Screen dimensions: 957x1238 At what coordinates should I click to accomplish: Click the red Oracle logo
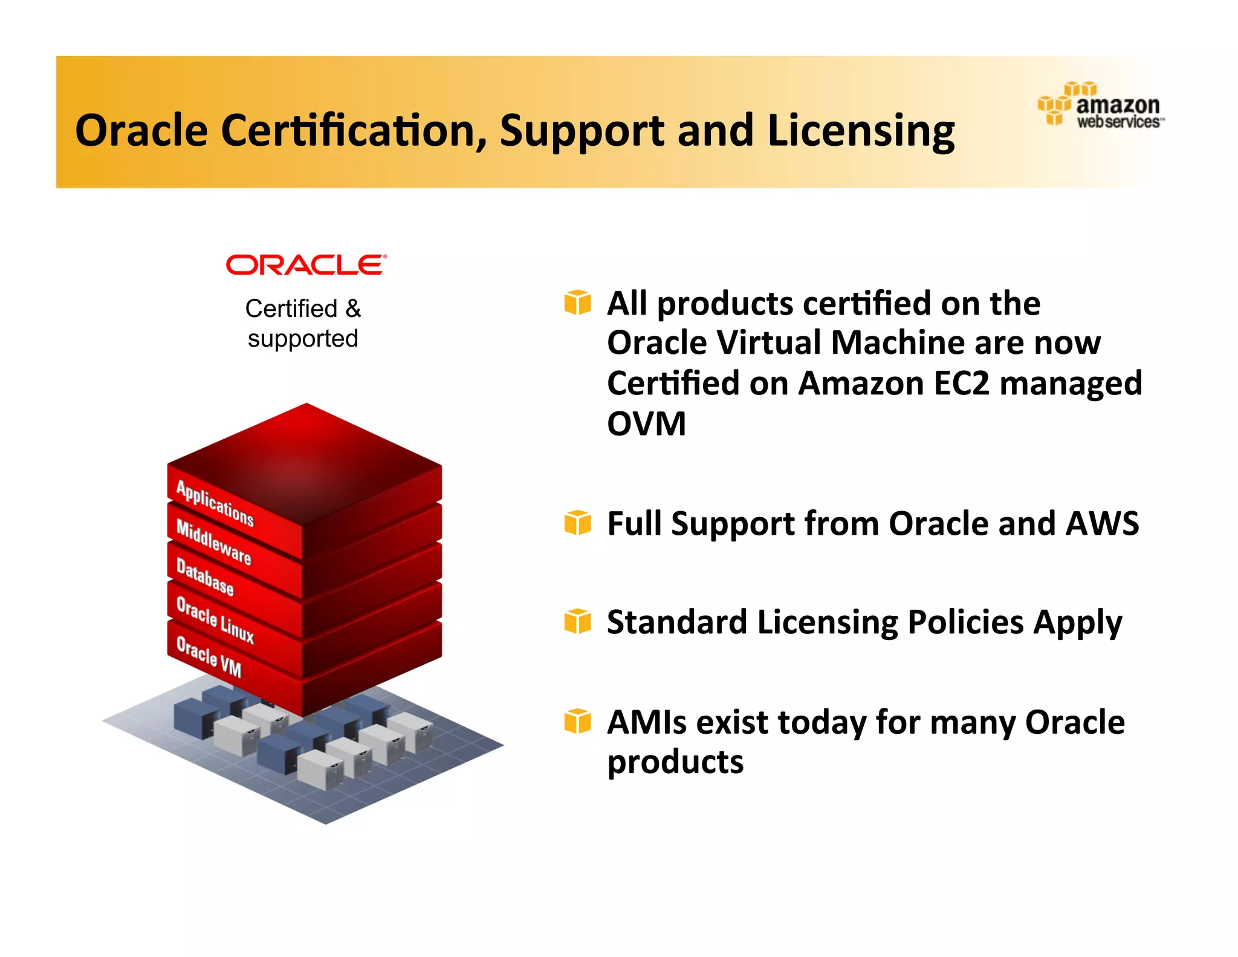pos(306,265)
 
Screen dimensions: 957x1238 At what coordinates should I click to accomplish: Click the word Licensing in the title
pos(861,131)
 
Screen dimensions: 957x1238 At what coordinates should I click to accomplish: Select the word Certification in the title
pos(353,131)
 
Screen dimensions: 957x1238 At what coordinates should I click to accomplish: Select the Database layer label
pos(204,577)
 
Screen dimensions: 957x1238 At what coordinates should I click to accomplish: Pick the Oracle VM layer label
pos(209,657)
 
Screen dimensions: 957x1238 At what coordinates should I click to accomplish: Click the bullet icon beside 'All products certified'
pos(577,302)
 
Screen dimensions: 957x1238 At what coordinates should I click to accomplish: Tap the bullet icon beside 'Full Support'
pos(577,523)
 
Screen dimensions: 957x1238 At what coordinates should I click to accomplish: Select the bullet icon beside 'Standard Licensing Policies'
pos(577,621)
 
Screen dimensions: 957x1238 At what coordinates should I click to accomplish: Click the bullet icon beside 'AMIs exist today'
pos(577,721)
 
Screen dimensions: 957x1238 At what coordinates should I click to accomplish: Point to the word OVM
pos(646,423)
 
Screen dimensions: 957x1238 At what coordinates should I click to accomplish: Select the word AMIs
pos(646,722)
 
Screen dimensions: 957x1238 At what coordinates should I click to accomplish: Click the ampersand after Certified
pos(353,309)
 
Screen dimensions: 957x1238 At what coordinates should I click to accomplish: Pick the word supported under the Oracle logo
pos(303,339)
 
